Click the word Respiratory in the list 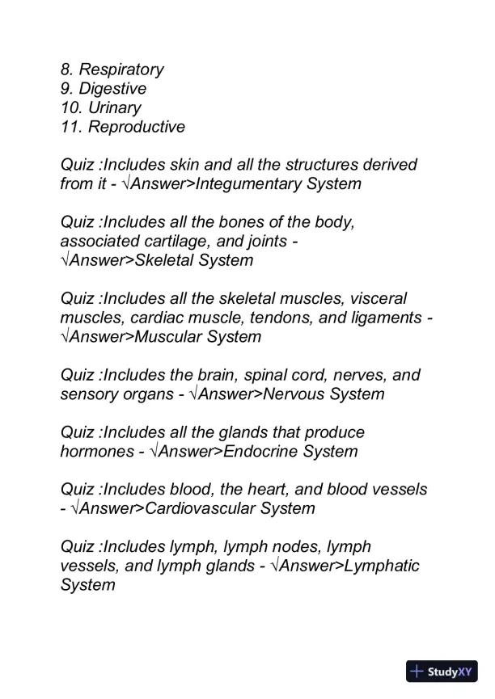(121, 69)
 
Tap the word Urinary (114, 107)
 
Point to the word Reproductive (137, 127)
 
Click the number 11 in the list (70, 127)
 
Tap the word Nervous (297, 394)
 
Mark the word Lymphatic (382, 566)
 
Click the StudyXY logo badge (442, 672)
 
